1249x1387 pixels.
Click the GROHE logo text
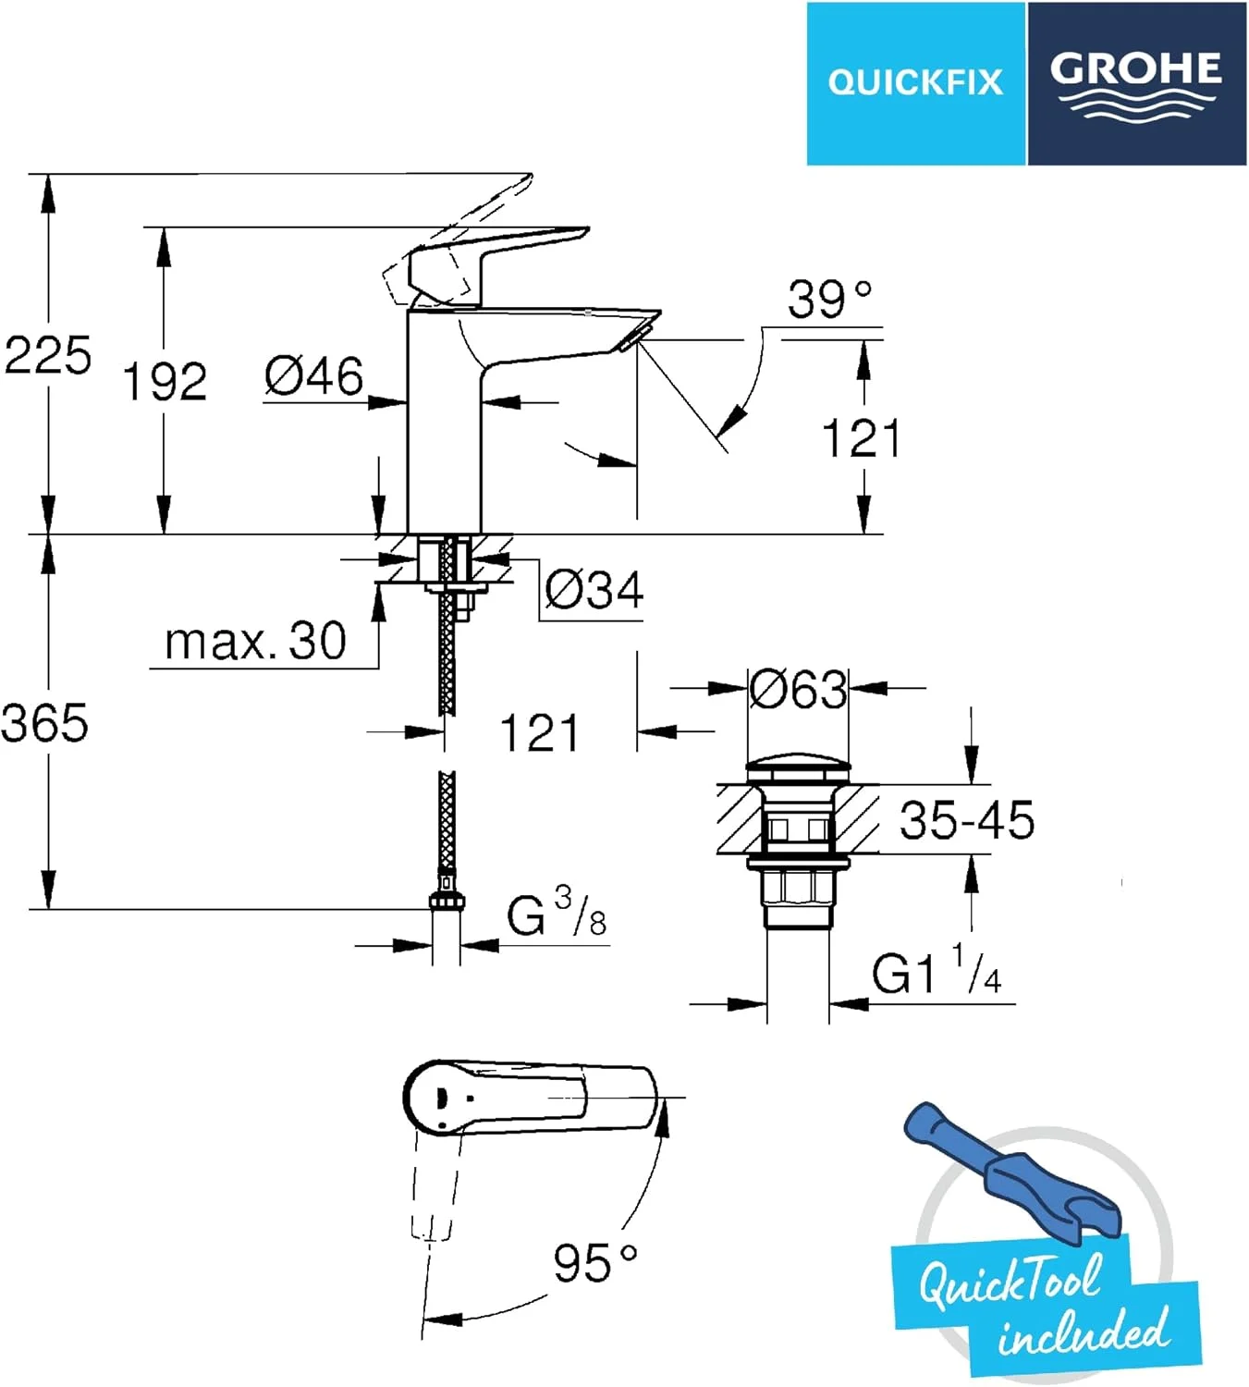point(1135,68)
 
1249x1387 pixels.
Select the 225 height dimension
point(47,355)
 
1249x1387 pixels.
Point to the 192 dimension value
point(165,381)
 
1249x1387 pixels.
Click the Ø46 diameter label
point(314,376)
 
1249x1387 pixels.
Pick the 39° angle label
point(829,300)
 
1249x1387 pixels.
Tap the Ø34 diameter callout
point(594,590)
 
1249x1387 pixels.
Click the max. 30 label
point(255,641)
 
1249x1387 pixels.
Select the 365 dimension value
point(45,722)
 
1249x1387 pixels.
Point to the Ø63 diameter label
point(798,690)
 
